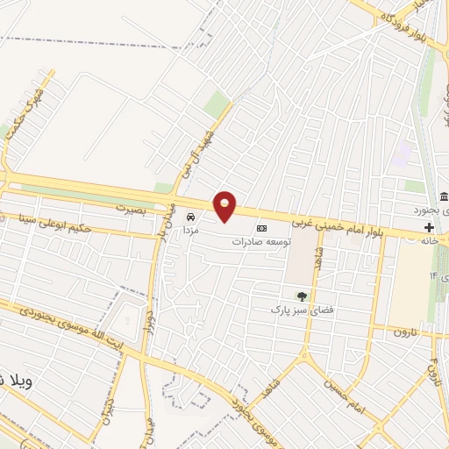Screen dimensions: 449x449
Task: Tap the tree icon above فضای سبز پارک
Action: (x=303, y=296)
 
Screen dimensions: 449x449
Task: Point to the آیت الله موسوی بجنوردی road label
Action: (x=70, y=325)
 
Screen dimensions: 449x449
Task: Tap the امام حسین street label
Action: (x=344, y=382)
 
